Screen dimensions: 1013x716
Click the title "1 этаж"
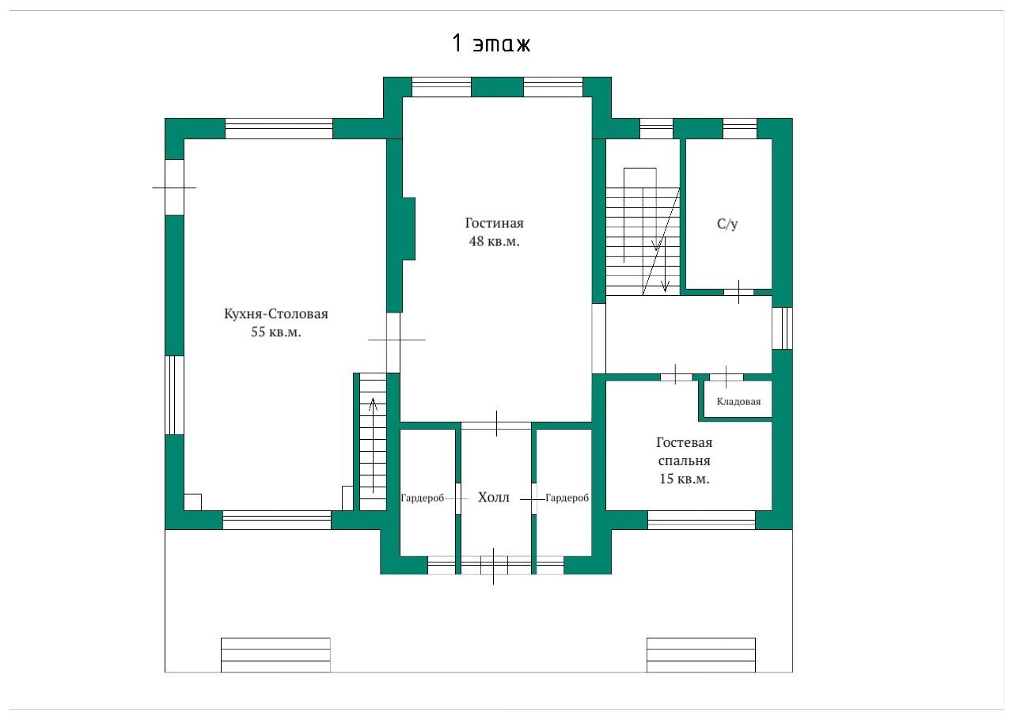[491, 44]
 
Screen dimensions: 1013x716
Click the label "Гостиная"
[495, 223]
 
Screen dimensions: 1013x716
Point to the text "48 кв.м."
[495, 241]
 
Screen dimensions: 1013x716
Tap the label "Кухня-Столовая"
[276, 314]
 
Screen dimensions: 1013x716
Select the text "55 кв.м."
[276, 332]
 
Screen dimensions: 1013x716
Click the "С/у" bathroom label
[727, 224]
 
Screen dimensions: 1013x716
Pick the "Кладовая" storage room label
[738, 401]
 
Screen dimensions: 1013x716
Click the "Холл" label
[493, 498]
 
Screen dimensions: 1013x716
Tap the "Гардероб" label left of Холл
[423, 498]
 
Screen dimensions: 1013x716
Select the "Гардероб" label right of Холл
[567, 498]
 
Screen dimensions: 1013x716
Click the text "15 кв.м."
[685, 479]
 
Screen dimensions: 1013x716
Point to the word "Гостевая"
[685, 442]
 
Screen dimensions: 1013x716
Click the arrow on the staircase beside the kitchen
[373, 445]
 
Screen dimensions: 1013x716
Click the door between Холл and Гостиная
[496, 425]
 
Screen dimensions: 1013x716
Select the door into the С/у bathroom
[738, 292]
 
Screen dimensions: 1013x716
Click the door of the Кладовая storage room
[727, 377]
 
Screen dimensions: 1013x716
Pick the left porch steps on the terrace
[275, 655]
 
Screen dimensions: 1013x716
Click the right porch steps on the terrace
[701, 655]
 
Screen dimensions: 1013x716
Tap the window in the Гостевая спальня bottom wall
[701, 520]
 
